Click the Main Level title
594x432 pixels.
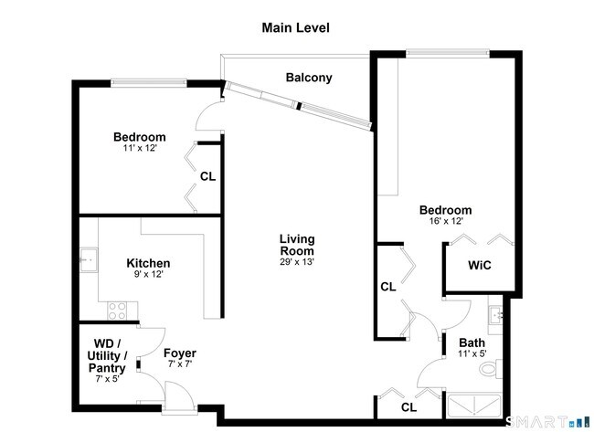click(x=295, y=27)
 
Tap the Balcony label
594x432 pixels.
click(x=308, y=78)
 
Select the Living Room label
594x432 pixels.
click(x=296, y=245)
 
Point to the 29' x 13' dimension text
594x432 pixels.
click(x=296, y=262)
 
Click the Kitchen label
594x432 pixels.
click(x=148, y=263)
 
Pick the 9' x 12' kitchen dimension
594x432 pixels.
click(x=148, y=275)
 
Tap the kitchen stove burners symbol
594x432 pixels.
click(x=117, y=311)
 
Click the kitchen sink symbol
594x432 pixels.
click(x=89, y=259)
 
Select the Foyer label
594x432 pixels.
click(x=179, y=353)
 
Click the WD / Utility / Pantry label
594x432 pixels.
click(x=107, y=356)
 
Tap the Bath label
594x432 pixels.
click(x=472, y=342)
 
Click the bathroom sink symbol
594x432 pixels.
click(x=496, y=316)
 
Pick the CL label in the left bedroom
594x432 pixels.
click(x=207, y=176)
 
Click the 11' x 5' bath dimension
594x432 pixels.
click(x=472, y=354)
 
